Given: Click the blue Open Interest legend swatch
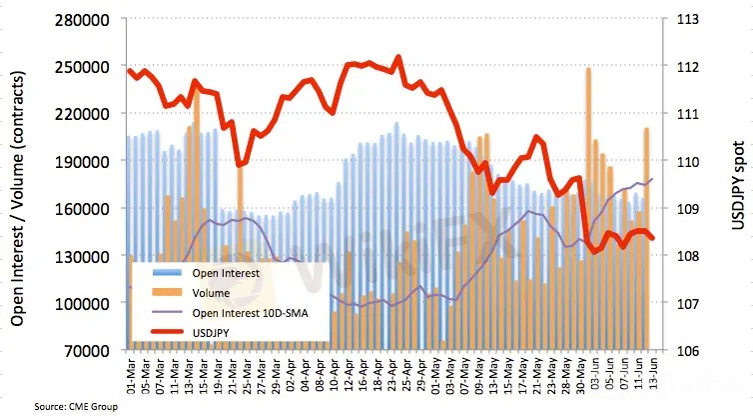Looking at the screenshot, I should point(175,272).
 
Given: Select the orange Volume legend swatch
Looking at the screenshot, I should point(175,292).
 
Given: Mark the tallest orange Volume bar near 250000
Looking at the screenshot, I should point(588,69).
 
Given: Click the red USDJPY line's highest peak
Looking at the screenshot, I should point(398,57).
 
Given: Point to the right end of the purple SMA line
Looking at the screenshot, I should point(652,179).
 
